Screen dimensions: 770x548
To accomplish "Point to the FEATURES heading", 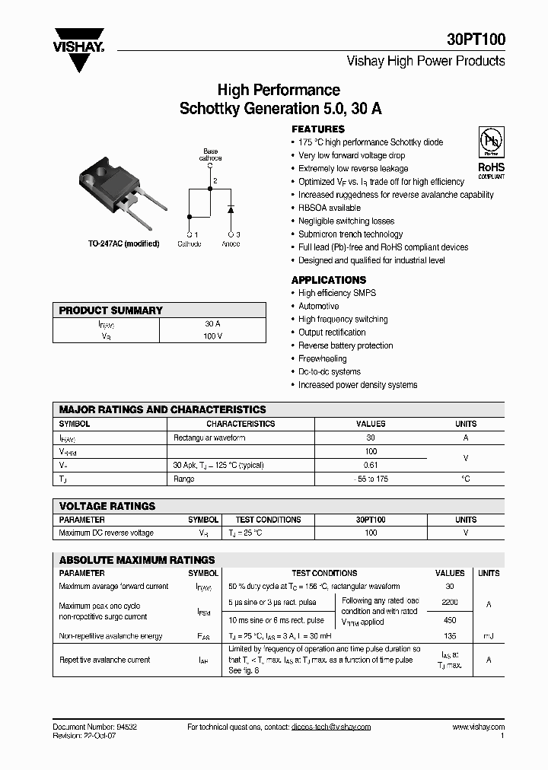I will pos(318,129).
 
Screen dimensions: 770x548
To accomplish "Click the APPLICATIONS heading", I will pos(329,280).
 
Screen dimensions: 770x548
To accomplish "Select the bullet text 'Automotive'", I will pos(319,306).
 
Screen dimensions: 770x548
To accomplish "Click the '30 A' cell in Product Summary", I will pos(212,323).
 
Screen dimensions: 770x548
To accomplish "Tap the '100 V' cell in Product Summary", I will pos(212,336).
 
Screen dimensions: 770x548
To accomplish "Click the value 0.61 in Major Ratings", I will pos(371,465).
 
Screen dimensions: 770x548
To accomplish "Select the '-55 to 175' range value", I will pos(371,479).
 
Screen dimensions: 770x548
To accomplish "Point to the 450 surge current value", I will pos(449,620).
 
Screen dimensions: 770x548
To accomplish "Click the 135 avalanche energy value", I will pos(449,636).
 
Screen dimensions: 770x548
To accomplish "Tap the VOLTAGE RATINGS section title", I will pos(107,506).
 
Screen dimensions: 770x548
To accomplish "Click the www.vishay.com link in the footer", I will pos(479,727).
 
